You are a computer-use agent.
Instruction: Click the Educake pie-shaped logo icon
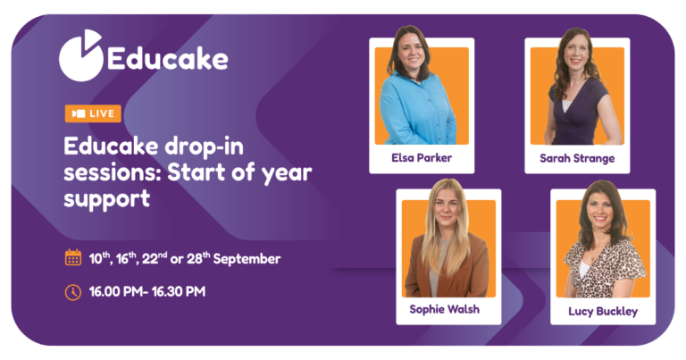(x=79, y=56)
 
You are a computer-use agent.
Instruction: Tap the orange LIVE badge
(x=93, y=113)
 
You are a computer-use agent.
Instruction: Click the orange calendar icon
(x=73, y=257)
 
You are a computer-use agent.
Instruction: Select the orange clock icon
(x=73, y=292)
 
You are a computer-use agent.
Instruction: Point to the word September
(x=247, y=259)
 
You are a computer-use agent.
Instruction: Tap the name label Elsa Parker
(x=422, y=158)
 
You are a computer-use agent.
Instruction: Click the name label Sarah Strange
(x=577, y=158)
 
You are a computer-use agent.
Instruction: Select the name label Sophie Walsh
(x=445, y=309)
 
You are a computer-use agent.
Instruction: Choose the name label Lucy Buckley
(x=603, y=312)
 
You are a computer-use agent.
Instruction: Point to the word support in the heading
(x=107, y=199)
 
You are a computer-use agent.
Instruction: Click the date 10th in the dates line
(x=99, y=258)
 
